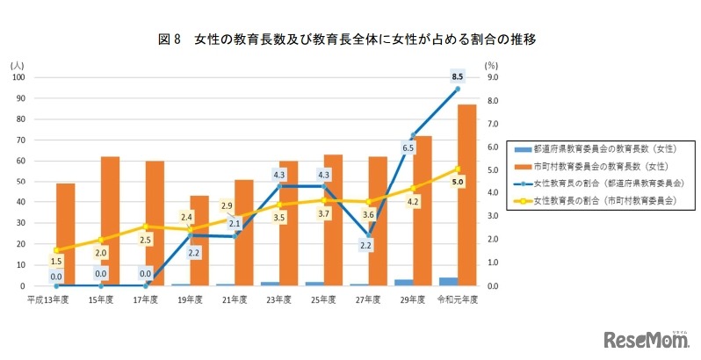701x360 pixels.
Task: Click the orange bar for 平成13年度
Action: pos(66,234)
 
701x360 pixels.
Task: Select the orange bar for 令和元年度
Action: pos(468,195)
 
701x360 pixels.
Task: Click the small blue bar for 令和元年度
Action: pos(447,282)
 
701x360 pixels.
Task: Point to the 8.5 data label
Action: pos(457,77)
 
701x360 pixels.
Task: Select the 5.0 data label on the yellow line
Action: pos(458,182)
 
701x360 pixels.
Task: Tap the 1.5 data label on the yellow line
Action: pos(55,261)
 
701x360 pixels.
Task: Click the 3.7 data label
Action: pos(323,214)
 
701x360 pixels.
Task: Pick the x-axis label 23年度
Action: pos(279,299)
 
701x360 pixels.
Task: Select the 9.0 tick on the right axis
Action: pos(492,77)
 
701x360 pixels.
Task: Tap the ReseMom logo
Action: pos(646,338)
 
